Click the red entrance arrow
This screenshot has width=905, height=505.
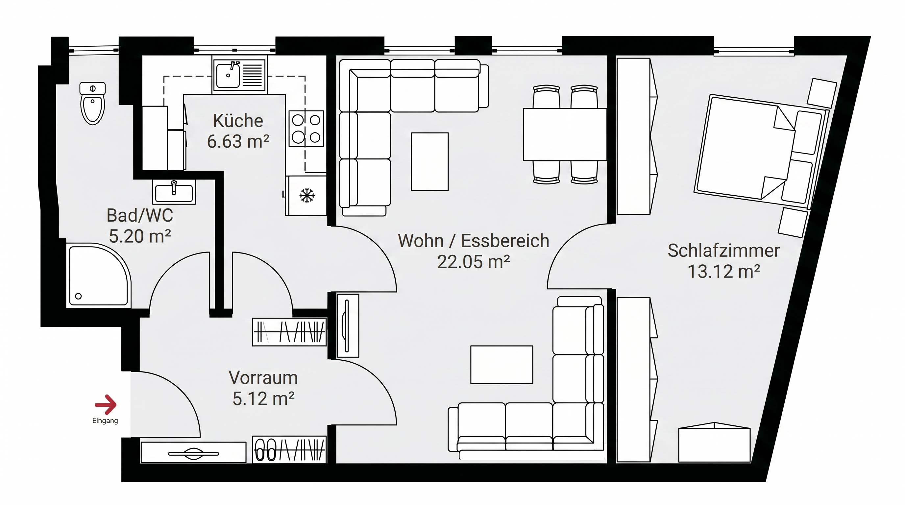(x=106, y=405)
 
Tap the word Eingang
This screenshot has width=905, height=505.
(x=105, y=421)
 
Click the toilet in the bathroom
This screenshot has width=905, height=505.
(x=93, y=104)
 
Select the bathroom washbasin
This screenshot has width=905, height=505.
(x=174, y=192)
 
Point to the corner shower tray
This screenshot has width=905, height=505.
(x=99, y=276)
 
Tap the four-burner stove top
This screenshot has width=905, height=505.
(x=306, y=129)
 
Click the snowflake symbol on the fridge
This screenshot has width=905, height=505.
(x=307, y=196)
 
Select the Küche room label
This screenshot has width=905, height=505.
(x=238, y=121)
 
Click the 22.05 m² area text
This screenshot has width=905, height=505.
(x=474, y=262)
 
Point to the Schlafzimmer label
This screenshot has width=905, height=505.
(x=724, y=251)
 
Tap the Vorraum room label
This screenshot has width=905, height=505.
(x=263, y=378)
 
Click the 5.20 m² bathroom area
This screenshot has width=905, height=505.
(x=140, y=236)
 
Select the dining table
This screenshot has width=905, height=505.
(x=565, y=134)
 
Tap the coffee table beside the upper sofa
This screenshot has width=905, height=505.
(x=430, y=161)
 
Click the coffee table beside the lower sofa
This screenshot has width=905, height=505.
(x=502, y=365)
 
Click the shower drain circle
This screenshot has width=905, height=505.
(x=78, y=296)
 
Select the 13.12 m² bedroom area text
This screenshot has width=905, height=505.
(x=724, y=272)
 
